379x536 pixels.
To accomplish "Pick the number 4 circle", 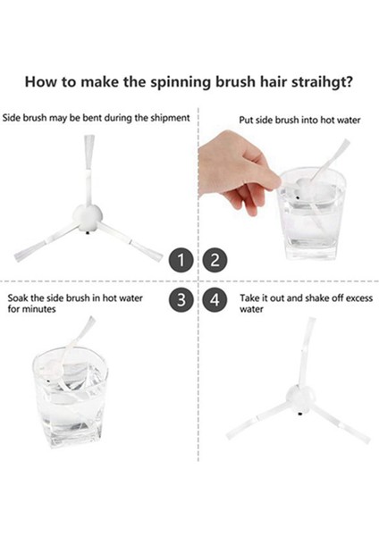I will coord(214,300).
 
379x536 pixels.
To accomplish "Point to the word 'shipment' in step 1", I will coord(167,117).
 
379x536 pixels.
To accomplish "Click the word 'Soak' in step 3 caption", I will coord(21,297).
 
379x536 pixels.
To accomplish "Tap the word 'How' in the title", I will coord(42,82).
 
